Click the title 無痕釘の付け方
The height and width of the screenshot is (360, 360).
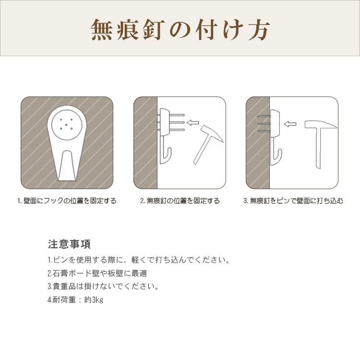180,30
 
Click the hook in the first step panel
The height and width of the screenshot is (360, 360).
67,144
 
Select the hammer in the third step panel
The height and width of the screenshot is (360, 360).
317,144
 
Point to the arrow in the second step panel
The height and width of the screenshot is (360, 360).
192,122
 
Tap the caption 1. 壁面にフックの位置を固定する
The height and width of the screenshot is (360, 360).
67,201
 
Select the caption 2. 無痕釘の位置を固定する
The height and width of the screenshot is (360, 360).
180,201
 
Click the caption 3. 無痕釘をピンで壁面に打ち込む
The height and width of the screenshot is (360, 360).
293,201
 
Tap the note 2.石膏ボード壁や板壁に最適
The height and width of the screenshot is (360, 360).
97,274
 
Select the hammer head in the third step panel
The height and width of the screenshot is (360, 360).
317,125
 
